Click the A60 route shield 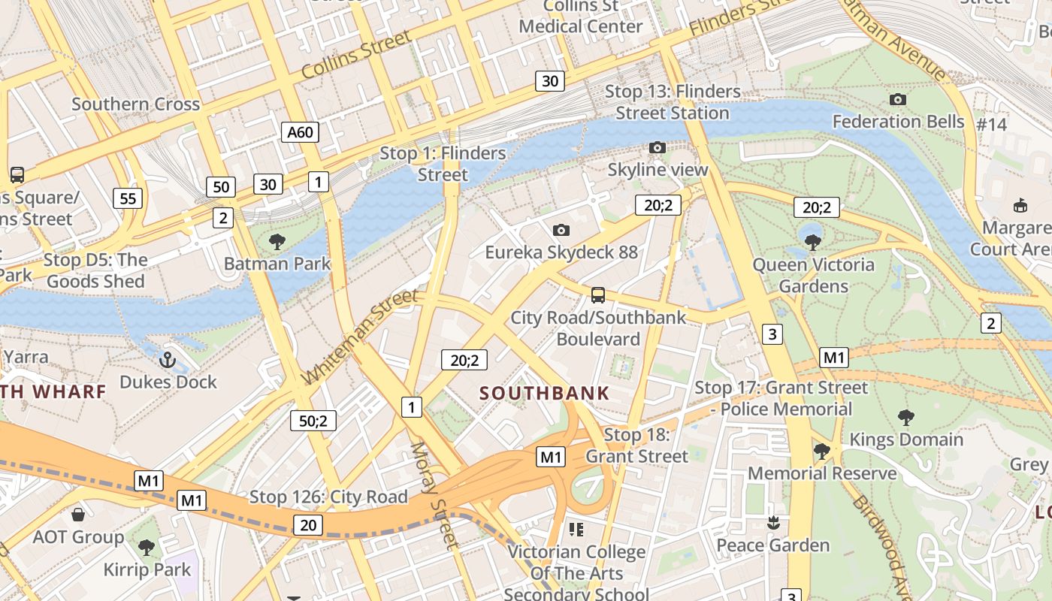300,133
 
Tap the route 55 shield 128,198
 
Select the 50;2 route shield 313,421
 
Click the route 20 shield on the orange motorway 308,525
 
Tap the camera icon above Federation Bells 897,99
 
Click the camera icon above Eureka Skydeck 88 561,230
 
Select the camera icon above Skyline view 657,148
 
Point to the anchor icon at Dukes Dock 168,360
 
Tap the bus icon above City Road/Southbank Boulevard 598,295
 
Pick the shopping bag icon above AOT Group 77,515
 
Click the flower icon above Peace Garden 772,523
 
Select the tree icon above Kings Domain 906,418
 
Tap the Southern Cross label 136,104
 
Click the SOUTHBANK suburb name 545,393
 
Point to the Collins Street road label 357,55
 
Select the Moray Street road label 434,496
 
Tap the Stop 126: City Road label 328,497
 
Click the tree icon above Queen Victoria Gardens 812,243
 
